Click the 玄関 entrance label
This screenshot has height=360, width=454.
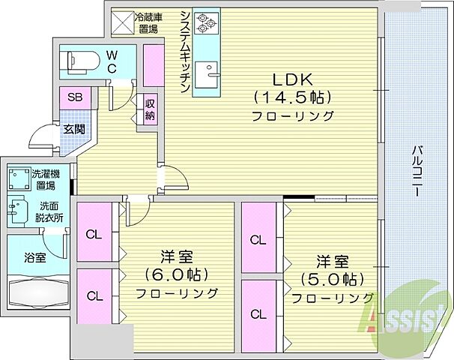click(x=73, y=128)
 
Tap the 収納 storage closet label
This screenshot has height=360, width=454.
click(x=150, y=109)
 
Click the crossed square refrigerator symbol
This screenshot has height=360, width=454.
click(x=121, y=22)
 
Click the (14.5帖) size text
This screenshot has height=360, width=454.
click(x=292, y=97)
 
